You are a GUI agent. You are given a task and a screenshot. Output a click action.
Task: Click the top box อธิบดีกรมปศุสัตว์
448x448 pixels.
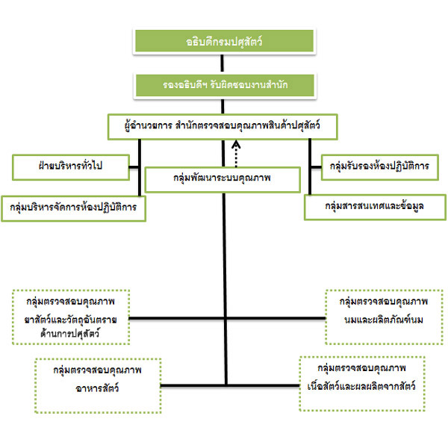point(223,42)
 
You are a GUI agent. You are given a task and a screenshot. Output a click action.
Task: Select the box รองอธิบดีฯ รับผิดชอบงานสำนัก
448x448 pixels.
point(223,85)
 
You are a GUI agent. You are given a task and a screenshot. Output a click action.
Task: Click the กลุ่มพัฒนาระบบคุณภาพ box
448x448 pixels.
point(223,179)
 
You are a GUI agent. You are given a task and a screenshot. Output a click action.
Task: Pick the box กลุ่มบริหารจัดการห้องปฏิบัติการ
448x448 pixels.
point(73,208)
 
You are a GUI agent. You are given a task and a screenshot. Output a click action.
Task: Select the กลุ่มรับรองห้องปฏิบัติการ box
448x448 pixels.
point(379,166)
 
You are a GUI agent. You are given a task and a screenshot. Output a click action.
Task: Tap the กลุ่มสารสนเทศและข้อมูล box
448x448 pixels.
point(375,207)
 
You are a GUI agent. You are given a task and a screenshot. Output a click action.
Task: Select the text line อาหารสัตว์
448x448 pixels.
point(98,388)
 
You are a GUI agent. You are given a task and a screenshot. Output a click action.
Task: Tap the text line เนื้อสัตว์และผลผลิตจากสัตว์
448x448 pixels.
point(361,388)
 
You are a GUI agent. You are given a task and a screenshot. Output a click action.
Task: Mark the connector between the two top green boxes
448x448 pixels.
point(223,64)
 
